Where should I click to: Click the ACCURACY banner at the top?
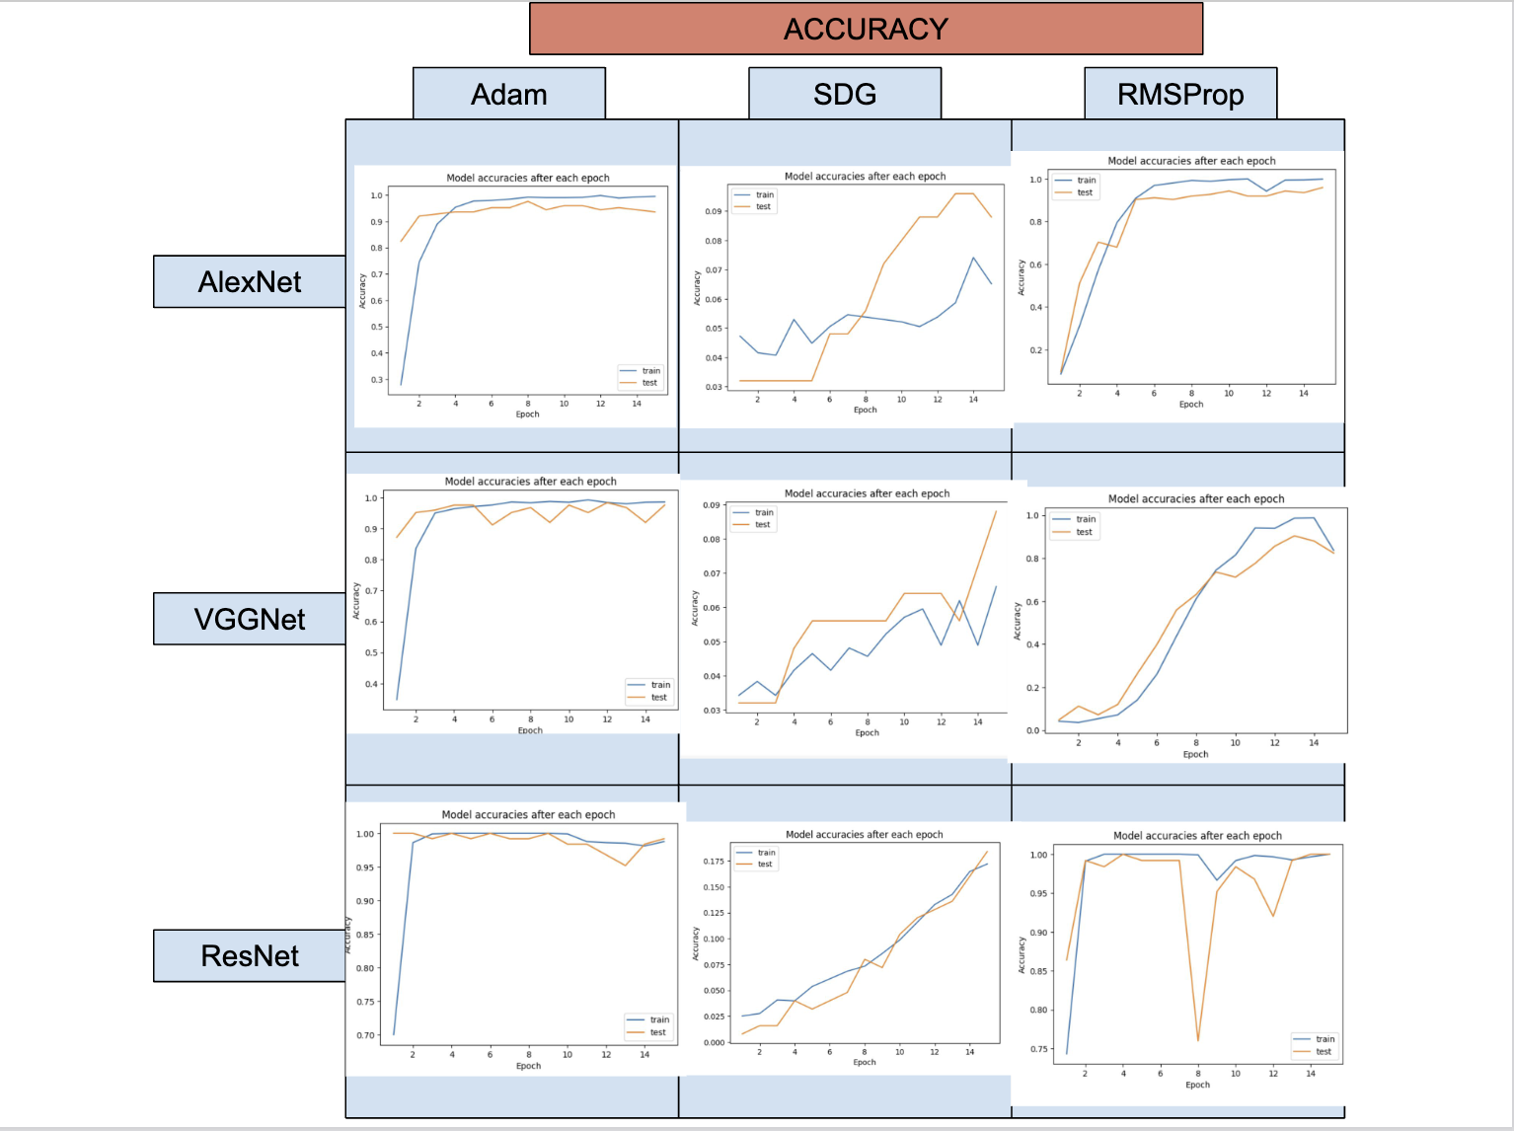click(866, 29)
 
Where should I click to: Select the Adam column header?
click(508, 94)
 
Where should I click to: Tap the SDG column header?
click(844, 94)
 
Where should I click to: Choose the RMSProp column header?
click(1179, 94)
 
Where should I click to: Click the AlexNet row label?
click(250, 282)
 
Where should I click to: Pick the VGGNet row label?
click(250, 619)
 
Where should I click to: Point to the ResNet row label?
click(250, 955)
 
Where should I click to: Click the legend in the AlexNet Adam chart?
click(641, 377)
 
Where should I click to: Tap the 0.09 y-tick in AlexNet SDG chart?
click(714, 211)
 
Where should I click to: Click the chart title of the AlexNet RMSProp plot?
click(1191, 161)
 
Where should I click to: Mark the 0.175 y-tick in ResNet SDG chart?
click(713, 862)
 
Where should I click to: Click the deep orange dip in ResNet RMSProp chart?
click(1198, 1039)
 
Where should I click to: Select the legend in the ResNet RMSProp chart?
click(1316, 1045)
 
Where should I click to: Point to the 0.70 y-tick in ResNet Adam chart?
click(365, 1035)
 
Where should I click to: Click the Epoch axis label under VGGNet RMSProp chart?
click(1195, 754)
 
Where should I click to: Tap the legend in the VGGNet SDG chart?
click(754, 518)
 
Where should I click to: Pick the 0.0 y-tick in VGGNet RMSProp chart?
click(1032, 730)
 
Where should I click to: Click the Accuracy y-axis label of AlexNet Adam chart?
click(362, 291)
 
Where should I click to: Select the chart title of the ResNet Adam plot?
click(528, 815)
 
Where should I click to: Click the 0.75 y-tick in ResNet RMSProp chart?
click(1038, 1049)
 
